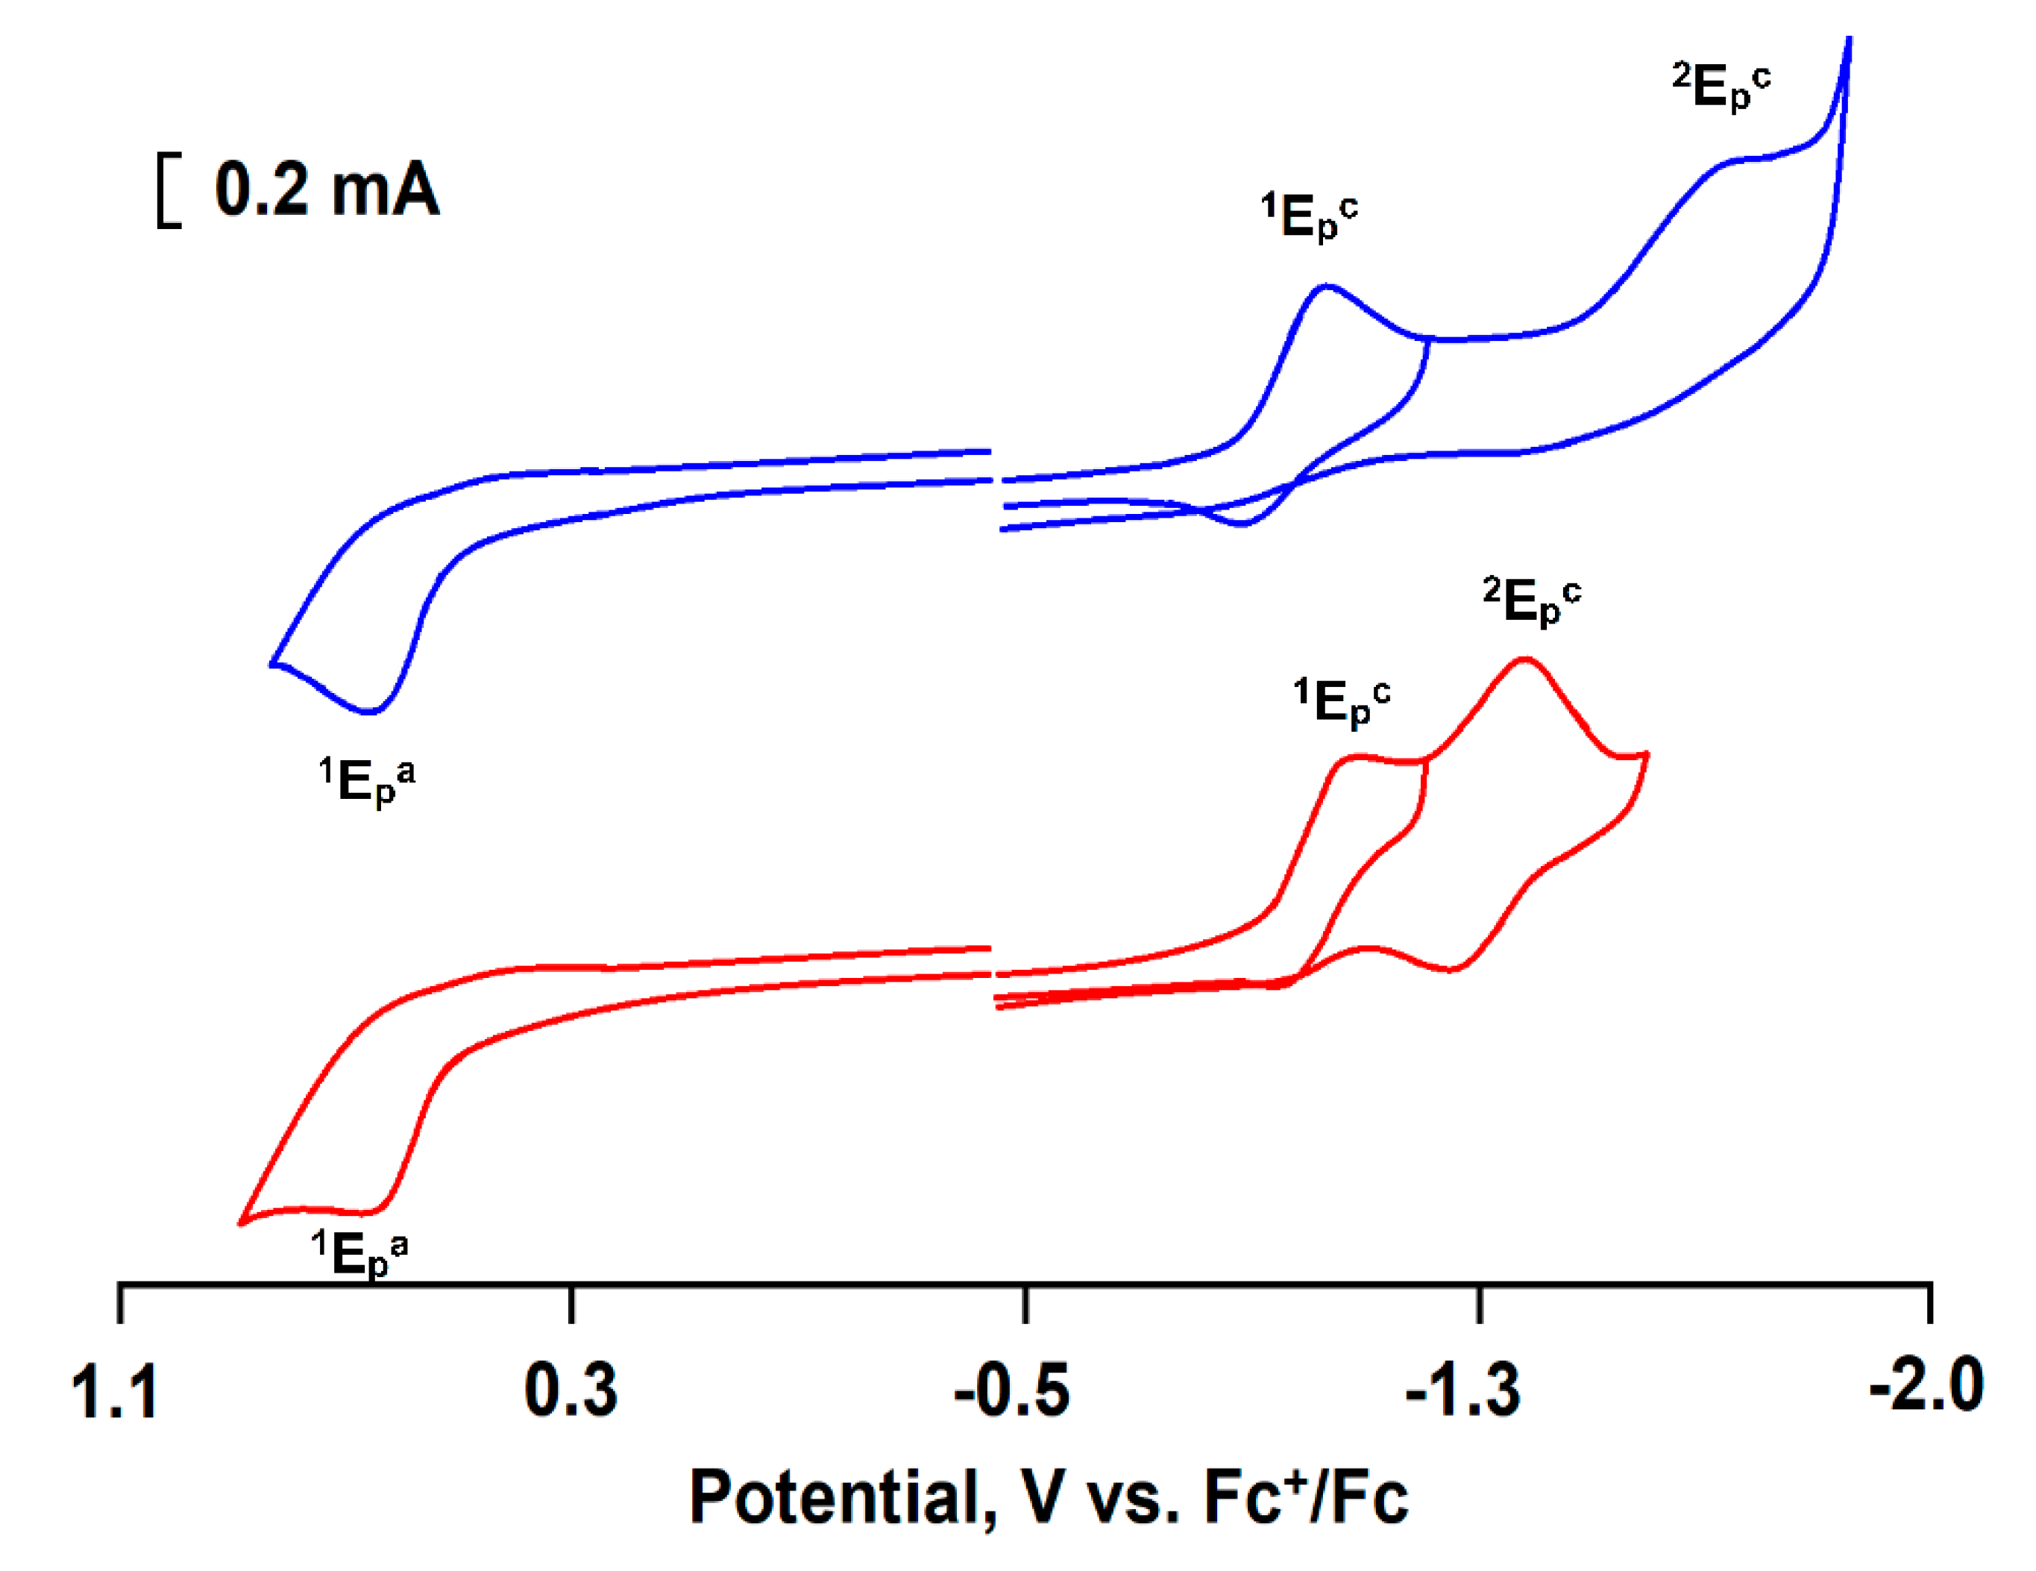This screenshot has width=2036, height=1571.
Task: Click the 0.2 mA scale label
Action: tap(327, 189)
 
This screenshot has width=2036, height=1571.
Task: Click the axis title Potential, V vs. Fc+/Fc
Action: tap(1048, 1497)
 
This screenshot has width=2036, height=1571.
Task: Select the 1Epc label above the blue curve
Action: tap(1309, 217)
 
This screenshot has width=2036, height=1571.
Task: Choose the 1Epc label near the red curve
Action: tap(1342, 702)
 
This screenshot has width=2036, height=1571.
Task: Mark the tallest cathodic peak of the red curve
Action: tap(1524, 659)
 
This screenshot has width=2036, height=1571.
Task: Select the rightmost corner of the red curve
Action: tap(1647, 753)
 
